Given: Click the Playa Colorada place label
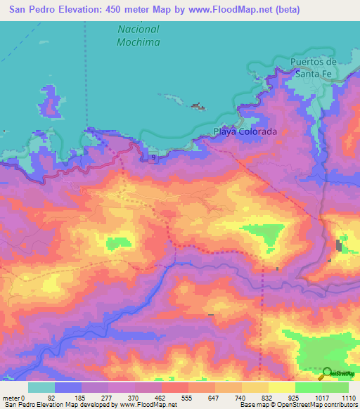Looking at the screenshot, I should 245,131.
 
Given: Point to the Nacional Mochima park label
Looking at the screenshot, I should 138,36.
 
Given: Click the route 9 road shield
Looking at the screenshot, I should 153,157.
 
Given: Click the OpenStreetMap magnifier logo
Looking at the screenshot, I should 328,373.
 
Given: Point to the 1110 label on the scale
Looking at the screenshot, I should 349,397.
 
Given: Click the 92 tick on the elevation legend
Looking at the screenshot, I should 51,397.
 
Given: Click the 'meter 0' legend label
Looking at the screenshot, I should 14,397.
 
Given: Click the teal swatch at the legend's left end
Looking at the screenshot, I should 41,387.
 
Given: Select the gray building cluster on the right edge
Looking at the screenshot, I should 340,246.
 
